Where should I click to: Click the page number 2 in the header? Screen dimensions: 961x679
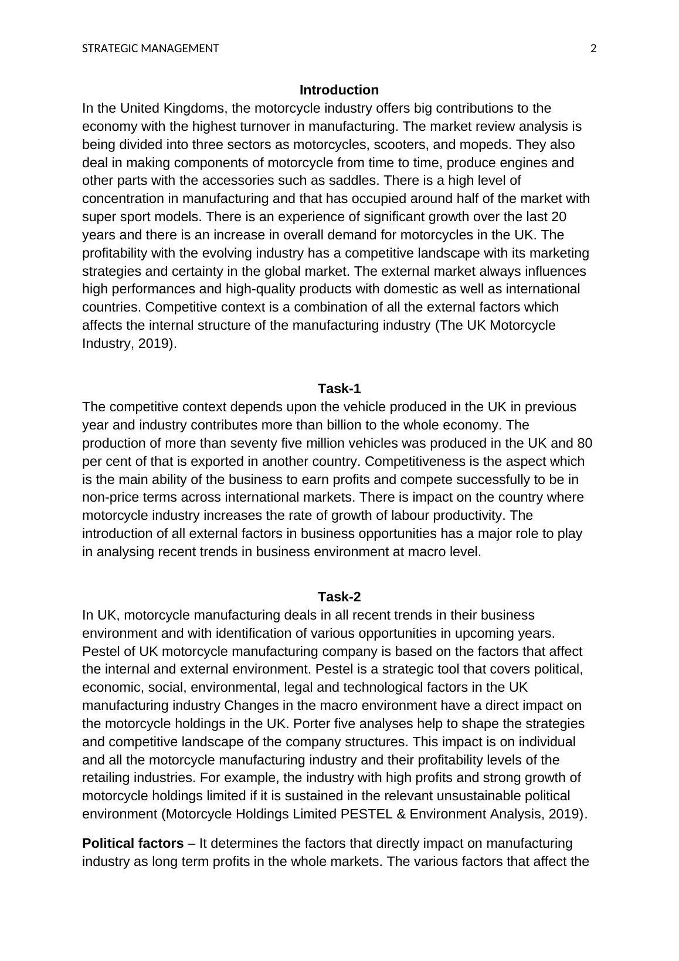[593, 49]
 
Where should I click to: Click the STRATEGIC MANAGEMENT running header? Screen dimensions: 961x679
[150, 49]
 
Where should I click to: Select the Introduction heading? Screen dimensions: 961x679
[339, 90]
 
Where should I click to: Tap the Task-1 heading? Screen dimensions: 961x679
[339, 388]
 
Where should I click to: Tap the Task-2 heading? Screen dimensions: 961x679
[339, 597]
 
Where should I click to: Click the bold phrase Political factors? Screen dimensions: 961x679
[133, 843]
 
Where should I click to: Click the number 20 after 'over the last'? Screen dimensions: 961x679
[559, 216]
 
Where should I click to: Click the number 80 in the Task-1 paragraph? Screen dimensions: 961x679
[576, 443]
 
